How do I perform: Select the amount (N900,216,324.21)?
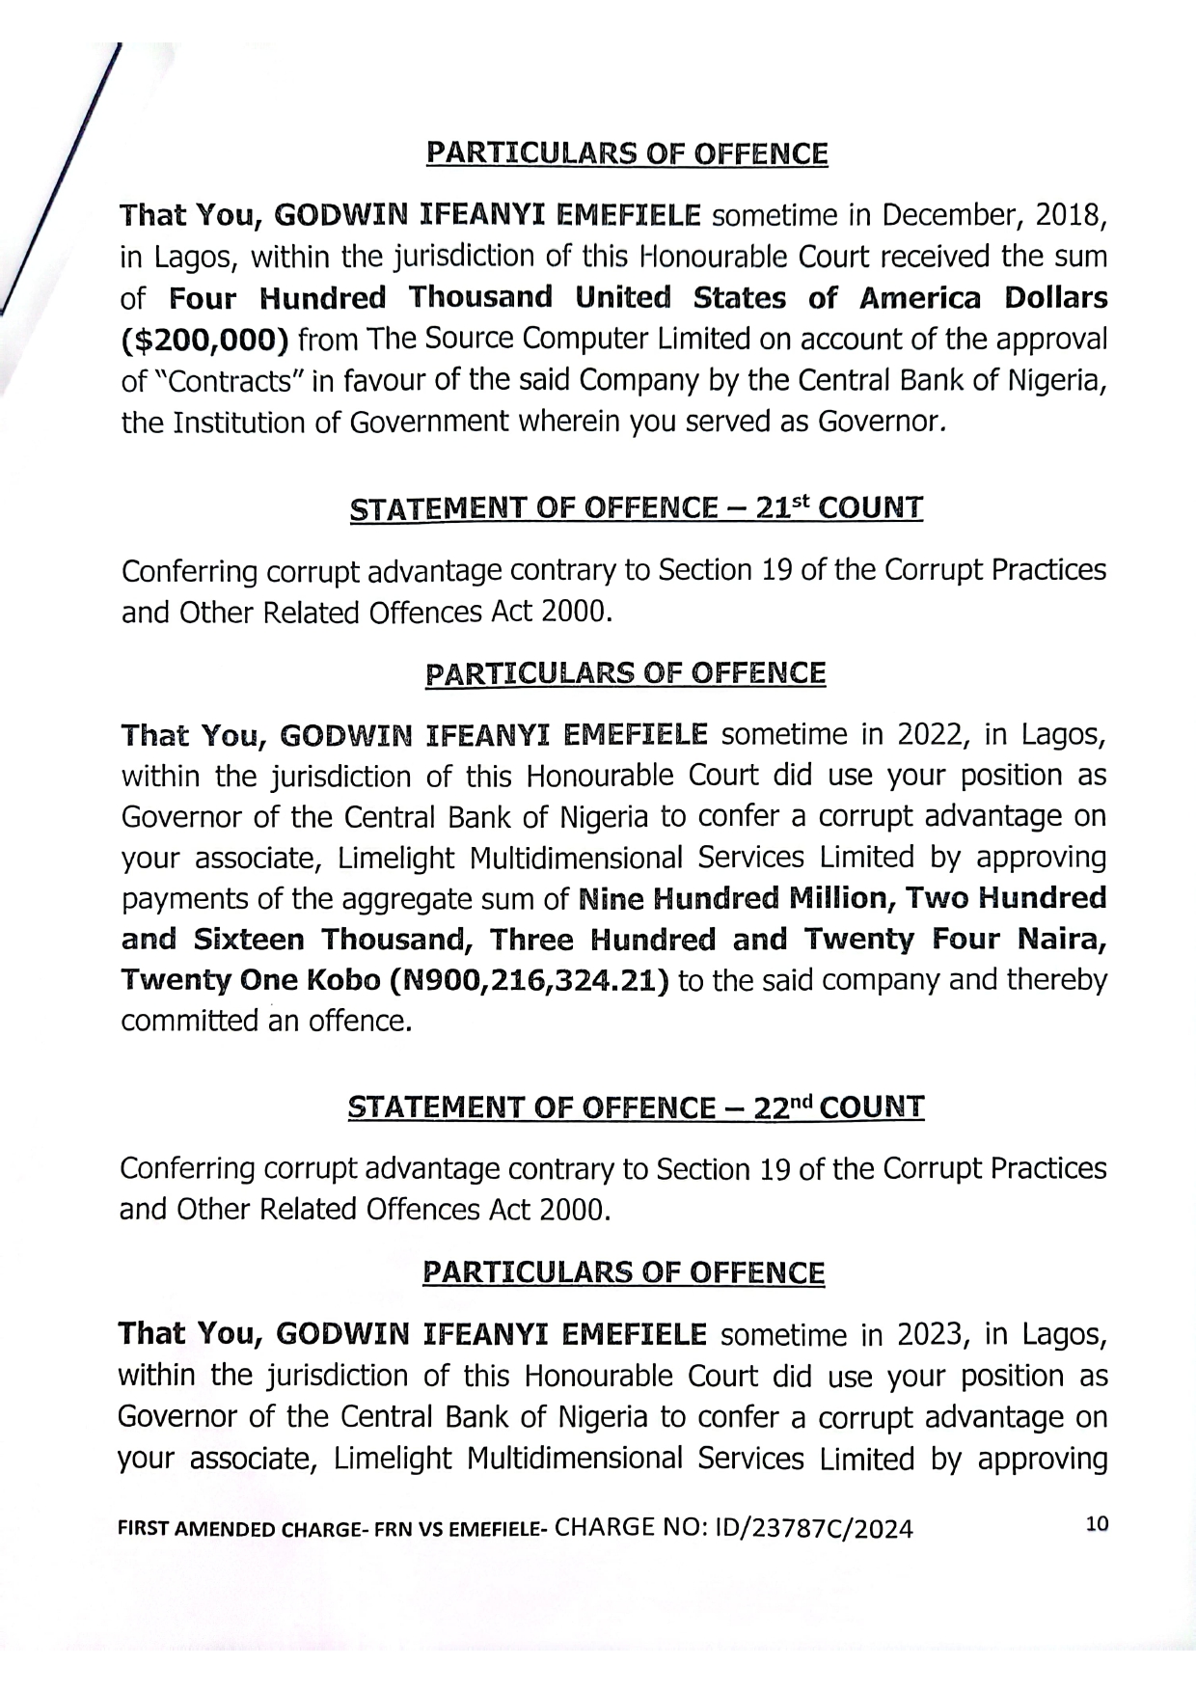click(x=530, y=981)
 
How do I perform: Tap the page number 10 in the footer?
click(x=1097, y=1524)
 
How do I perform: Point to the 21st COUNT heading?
click(x=636, y=508)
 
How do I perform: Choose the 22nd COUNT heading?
click(x=636, y=1106)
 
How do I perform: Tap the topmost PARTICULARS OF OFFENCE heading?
click(x=627, y=154)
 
